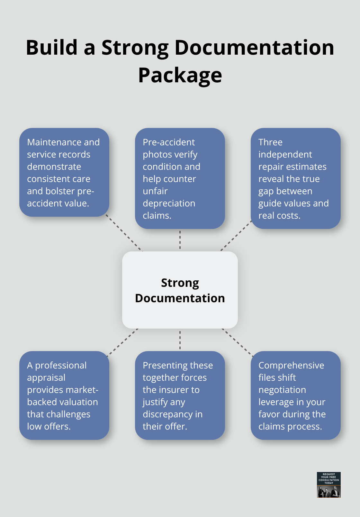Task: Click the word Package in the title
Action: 180,75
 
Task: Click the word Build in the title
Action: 51,47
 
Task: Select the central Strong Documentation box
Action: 180,290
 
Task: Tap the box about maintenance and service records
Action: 64,172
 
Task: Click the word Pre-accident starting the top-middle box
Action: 169,142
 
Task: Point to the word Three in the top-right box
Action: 270,142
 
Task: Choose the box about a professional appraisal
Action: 64,395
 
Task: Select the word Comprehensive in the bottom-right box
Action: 291,365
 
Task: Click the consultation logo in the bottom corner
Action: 328,485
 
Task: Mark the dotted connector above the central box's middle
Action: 180,240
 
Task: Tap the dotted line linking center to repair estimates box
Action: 236,235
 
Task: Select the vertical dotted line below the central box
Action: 180,340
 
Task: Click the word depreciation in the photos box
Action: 169,203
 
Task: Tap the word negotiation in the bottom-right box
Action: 282,390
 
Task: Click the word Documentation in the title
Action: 254,47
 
